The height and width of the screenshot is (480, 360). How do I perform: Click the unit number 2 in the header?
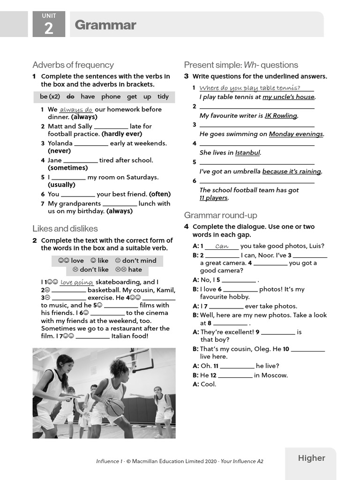pos(49,28)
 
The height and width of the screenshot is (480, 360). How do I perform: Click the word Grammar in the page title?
pos(105,25)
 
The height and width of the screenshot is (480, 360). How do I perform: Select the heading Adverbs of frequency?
pos(73,65)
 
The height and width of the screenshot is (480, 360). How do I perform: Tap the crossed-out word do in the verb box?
pos(70,97)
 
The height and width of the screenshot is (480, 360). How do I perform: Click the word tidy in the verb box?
pos(163,97)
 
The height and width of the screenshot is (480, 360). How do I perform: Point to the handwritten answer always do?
pos(76,109)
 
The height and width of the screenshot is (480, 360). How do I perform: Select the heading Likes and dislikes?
pos(65,229)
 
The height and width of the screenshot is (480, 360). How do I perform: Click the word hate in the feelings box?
pos(135,270)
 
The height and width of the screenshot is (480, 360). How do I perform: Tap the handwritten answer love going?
pos(77,282)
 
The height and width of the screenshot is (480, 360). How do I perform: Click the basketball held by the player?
pos(115,407)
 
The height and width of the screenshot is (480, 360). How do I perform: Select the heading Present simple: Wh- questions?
pos(241,65)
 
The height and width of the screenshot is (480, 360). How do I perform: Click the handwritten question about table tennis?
pos(249,88)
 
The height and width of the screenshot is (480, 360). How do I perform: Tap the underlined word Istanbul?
pos(247,153)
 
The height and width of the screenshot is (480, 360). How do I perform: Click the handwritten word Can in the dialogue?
pos(222,246)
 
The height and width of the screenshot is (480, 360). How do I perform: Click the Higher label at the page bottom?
pos(311,458)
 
